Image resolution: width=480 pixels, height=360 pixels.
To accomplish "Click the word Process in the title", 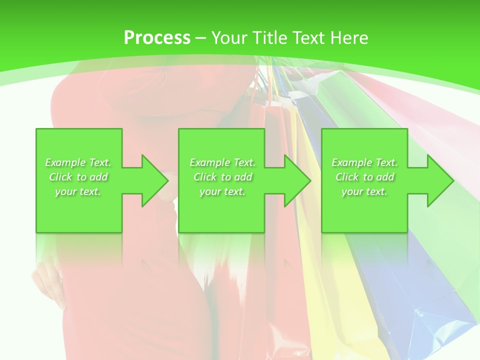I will click(157, 38).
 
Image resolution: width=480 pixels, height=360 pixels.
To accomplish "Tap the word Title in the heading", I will click(270, 38).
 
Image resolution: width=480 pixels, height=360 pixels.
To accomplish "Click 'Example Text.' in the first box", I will click(78, 162).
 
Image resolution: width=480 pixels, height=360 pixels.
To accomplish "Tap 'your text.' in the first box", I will click(78, 191).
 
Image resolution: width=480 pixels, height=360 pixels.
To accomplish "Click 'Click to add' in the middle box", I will click(222, 177).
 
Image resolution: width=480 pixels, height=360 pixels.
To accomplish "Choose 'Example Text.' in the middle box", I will click(222, 162).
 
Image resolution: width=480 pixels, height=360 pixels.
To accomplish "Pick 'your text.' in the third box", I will click(364, 191).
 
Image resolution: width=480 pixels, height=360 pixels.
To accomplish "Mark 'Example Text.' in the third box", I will click(364, 162).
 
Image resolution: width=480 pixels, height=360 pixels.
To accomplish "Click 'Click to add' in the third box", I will click(364, 177).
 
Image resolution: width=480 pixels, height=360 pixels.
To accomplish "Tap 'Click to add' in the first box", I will click(78, 177).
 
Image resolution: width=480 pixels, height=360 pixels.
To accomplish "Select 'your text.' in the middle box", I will click(222, 191).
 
